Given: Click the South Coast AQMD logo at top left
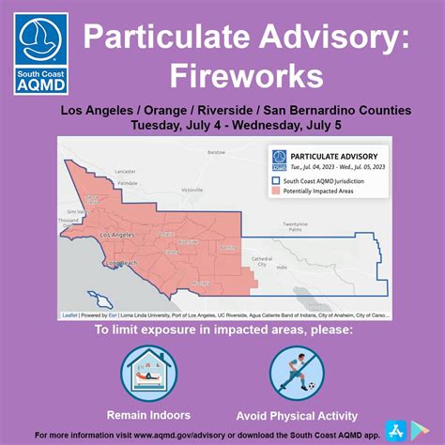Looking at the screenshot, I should pyautogui.click(x=40, y=53).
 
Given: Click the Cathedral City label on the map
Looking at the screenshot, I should pyautogui.click(x=262, y=261).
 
